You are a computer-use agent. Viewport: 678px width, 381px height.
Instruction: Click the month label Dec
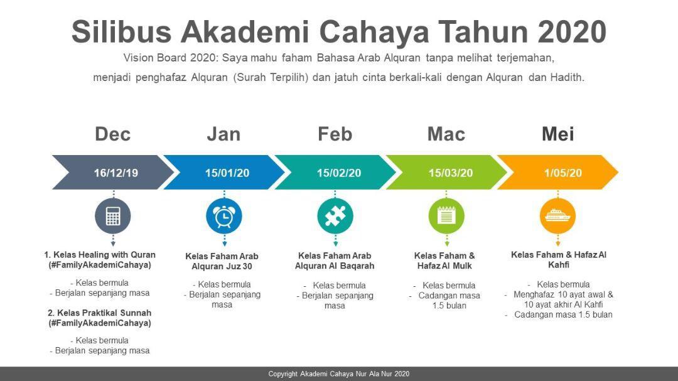coord(112,134)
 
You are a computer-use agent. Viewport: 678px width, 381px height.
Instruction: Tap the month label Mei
coord(558,134)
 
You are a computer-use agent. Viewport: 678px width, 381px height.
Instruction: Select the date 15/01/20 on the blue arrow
coord(227,173)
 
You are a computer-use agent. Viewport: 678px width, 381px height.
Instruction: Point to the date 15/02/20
coord(338,173)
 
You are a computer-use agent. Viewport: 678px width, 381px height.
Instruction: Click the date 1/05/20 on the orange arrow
coord(563,173)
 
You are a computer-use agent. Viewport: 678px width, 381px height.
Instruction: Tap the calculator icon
coord(113,216)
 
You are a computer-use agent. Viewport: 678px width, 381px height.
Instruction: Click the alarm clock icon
coord(224,216)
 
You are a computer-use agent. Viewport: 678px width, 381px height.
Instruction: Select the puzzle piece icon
coord(335,216)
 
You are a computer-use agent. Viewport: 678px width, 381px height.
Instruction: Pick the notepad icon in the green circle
coord(446,215)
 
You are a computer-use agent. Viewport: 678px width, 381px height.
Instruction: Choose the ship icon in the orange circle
coord(557,215)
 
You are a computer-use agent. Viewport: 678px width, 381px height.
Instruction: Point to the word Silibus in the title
coord(122,32)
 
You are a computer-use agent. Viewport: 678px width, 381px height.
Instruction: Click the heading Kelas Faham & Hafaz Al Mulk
coord(444,260)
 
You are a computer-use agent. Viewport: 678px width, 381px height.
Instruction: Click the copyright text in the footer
coord(338,373)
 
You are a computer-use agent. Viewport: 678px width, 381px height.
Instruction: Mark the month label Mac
coord(446,134)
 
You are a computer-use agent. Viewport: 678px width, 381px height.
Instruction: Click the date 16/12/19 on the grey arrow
coord(116,173)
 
